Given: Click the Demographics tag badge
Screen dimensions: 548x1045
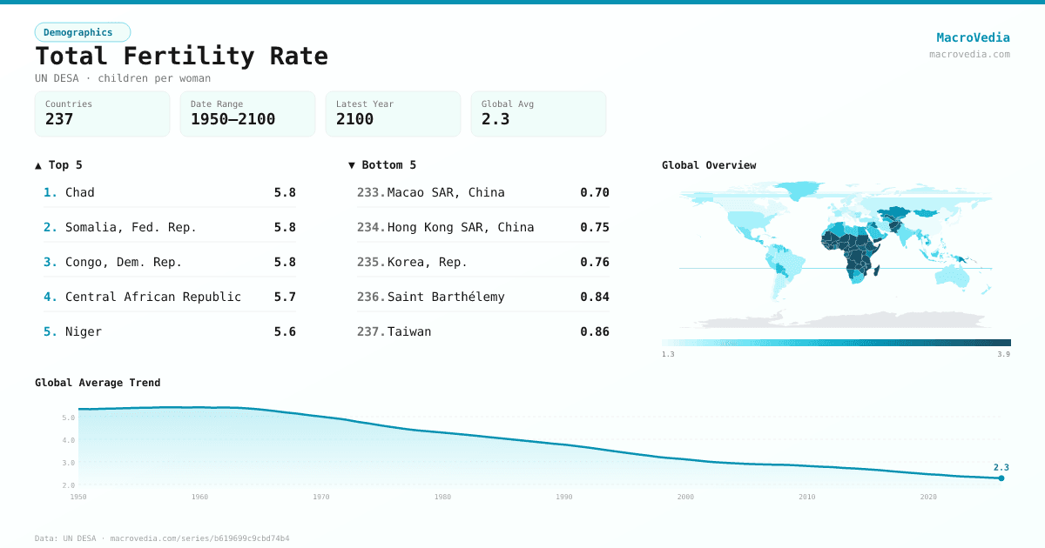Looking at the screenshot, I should click(82, 32).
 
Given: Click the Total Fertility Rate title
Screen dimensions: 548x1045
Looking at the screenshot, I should click(181, 57).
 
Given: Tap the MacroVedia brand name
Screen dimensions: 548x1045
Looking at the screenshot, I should click(973, 37).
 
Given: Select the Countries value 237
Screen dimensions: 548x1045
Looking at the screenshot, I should click(59, 119).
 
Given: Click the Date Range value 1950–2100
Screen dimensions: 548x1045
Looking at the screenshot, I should click(233, 119).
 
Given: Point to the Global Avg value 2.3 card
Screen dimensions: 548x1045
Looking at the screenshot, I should click(538, 114).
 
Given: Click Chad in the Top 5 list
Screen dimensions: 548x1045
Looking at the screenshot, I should click(80, 192).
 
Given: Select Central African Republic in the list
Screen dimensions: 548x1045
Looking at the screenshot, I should click(153, 297).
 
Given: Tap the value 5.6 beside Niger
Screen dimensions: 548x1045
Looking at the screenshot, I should click(285, 331).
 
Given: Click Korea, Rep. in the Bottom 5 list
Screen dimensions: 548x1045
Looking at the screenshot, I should click(427, 262).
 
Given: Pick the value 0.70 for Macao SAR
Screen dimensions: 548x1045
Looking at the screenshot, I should click(595, 192).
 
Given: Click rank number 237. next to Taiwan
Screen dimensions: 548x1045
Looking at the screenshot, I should click(371, 331).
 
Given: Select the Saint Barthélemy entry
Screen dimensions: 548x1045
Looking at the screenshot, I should click(446, 297).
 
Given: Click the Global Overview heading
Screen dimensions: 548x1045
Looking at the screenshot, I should click(709, 165).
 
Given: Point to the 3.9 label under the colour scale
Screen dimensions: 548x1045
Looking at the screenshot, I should click(1004, 354).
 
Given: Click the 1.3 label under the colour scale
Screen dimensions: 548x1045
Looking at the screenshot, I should click(668, 354).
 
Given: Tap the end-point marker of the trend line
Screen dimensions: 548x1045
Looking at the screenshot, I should click(1001, 478).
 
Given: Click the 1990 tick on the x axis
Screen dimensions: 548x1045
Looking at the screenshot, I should click(564, 497).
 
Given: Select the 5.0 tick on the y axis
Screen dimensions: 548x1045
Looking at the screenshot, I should click(69, 418).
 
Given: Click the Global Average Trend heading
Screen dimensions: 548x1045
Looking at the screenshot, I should click(98, 383).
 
